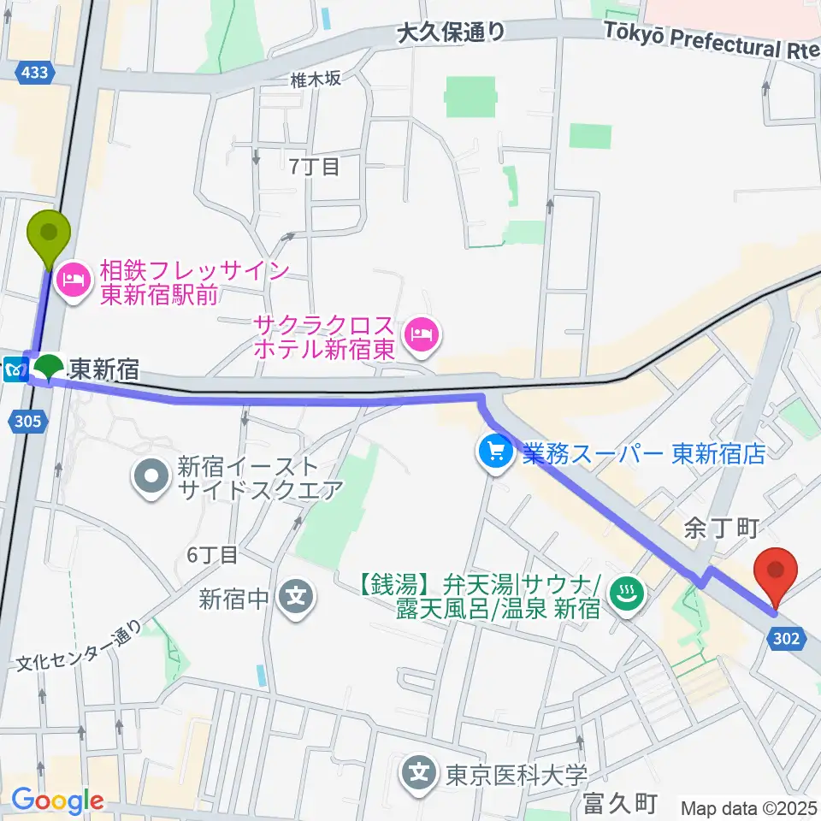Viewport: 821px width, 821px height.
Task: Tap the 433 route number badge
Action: point(34,74)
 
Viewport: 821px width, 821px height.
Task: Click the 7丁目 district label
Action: point(314,166)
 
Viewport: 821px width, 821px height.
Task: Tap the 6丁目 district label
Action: point(212,555)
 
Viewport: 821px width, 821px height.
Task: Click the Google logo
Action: point(57,801)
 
